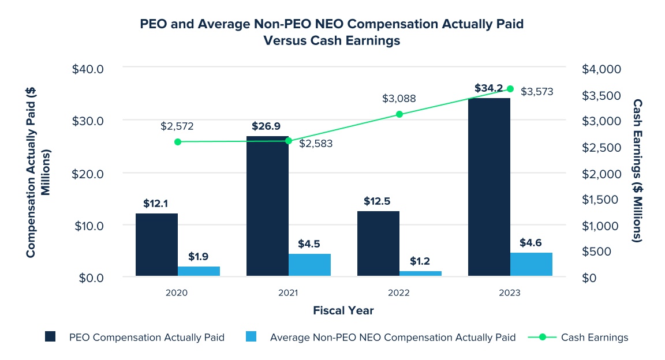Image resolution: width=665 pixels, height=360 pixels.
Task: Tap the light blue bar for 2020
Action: [199, 271]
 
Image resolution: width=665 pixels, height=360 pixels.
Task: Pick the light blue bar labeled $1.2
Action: [420, 273]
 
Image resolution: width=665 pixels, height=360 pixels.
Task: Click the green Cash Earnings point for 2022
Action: [399, 114]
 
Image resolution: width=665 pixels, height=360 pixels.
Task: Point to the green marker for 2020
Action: [178, 141]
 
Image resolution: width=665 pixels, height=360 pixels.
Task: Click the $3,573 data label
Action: [537, 92]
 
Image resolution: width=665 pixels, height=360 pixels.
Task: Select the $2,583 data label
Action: [316, 143]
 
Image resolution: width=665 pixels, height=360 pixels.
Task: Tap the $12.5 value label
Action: [378, 201]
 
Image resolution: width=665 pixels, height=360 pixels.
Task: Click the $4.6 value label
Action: [531, 242]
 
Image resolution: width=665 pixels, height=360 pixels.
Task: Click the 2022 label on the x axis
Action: [399, 292]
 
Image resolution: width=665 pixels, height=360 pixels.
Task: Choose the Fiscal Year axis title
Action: [343, 310]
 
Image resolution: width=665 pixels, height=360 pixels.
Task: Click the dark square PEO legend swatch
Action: [50, 337]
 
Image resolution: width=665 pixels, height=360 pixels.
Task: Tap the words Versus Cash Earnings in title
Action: [332, 42]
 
